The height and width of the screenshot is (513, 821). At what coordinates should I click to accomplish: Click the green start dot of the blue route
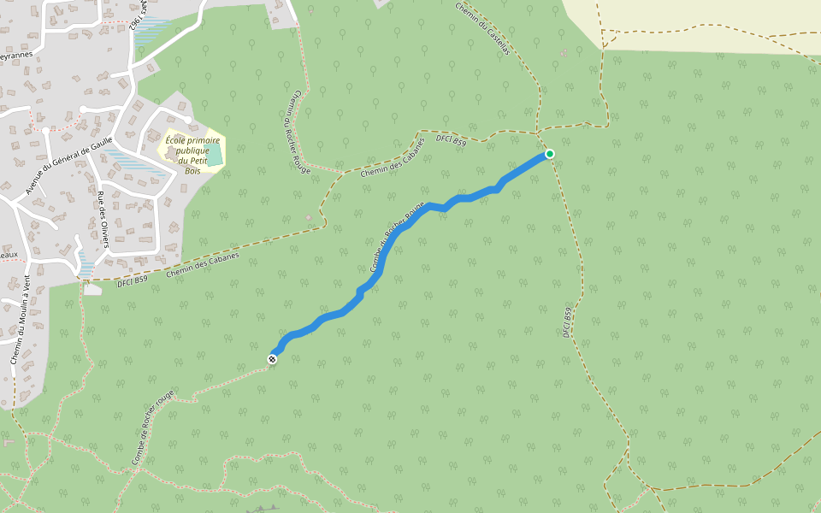coord(550,154)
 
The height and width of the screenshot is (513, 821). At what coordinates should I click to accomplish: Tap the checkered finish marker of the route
coord(273,359)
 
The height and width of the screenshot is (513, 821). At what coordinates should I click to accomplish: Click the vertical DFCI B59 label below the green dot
coord(567,322)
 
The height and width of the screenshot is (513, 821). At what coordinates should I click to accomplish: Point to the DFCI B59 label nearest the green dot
coord(451,139)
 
